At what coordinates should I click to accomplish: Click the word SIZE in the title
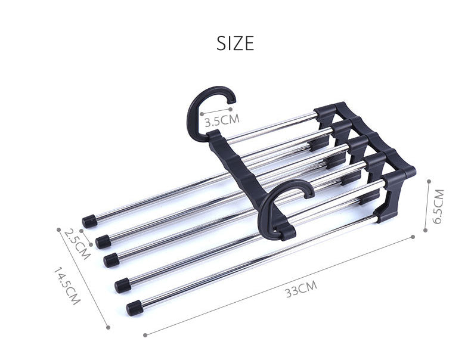click(235, 44)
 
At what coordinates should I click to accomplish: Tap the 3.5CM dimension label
click(221, 121)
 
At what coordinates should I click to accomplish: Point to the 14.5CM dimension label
click(66, 287)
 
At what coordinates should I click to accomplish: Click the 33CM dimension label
click(300, 290)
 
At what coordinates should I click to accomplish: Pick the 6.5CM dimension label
click(438, 206)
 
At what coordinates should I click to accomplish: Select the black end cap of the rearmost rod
click(90, 221)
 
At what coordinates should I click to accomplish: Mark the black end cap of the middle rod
click(111, 260)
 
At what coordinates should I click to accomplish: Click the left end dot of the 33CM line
click(145, 335)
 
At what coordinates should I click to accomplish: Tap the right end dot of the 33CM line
click(413, 237)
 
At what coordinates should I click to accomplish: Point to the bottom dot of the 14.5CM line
click(108, 327)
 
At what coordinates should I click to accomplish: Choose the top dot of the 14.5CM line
click(58, 228)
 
